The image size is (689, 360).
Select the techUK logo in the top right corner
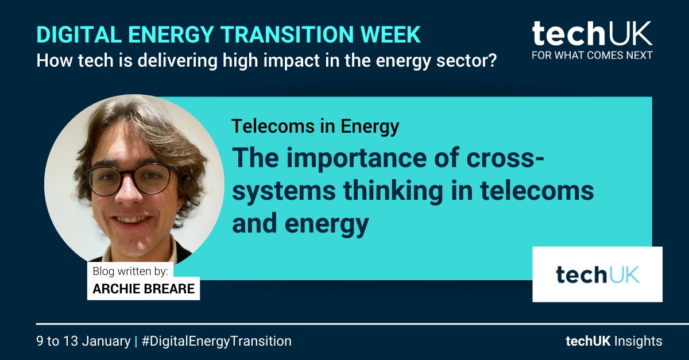pyautogui.click(x=591, y=34)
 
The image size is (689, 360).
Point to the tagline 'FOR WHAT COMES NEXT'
pyautogui.click(x=591, y=56)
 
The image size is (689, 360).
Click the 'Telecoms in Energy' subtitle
pyautogui.click(x=315, y=126)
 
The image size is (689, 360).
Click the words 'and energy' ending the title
pyautogui.click(x=300, y=223)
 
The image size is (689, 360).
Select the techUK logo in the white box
pyautogui.click(x=597, y=274)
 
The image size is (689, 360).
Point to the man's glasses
pyautogui.click(x=129, y=179)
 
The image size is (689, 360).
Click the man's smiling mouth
pyautogui.click(x=134, y=220)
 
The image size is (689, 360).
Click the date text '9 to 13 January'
pyautogui.click(x=83, y=341)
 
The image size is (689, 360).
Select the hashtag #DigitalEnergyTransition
pyautogui.click(x=216, y=341)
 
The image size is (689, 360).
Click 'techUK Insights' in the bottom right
pyautogui.click(x=613, y=341)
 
